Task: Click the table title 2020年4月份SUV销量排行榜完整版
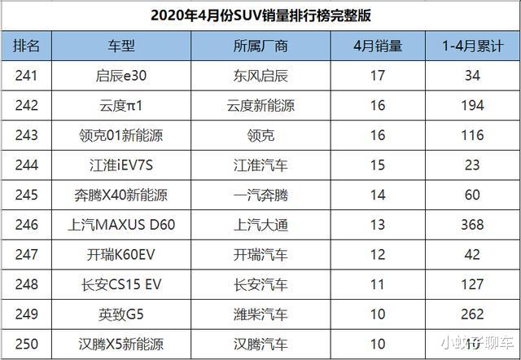pyautogui.click(x=260, y=15)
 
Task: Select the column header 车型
pyautogui.click(x=124, y=46)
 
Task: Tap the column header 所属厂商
pyautogui.click(x=259, y=46)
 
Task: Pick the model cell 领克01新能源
pyautogui.click(x=124, y=137)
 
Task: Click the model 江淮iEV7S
pyautogui.click(x=124, y=166)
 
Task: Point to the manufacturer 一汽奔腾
pyautogui.click(x=259, y=195)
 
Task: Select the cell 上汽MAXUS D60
pyautogui.click(x=124, y=225)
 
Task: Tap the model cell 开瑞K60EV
pyautogui.click(x=124, y=254)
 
